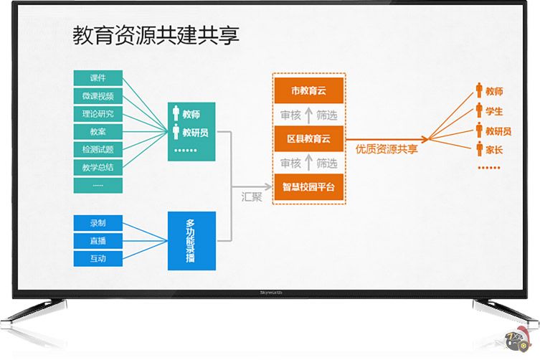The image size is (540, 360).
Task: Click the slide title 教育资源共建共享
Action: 155,36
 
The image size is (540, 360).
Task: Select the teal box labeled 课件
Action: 98,78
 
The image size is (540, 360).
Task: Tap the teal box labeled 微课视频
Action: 98,96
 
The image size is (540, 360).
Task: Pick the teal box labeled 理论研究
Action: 98,114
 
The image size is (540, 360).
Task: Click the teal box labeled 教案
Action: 98,132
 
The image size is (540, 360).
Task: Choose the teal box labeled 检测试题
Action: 98,150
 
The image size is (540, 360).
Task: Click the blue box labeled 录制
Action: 98,223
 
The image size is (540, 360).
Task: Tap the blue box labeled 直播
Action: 98,241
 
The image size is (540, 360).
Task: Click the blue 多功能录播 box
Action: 191,241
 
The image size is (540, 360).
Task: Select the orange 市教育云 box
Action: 309,90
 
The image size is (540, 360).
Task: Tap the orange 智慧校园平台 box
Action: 309,187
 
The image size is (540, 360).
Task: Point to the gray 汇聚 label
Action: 252,196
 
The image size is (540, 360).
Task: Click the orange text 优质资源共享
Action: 387,149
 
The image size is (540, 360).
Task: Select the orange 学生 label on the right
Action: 494,111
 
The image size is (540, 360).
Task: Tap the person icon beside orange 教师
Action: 478,91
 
